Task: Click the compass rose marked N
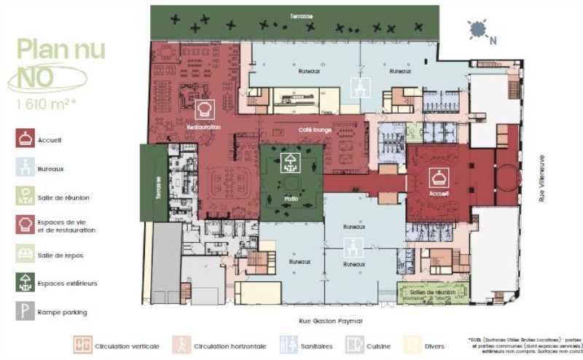(479, 30)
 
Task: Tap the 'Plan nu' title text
(61, 50)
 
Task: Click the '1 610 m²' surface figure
(47, 103)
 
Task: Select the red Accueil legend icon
(26, 138)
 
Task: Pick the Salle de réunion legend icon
(26, 195)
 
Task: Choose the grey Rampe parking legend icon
(26, 312)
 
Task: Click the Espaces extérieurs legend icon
(26, 282)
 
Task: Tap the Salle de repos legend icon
(26, 253)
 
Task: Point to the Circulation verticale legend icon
(81, 345)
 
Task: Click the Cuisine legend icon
(355, 345)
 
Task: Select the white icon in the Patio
(291, 162)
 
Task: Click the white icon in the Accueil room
(439, 177)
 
